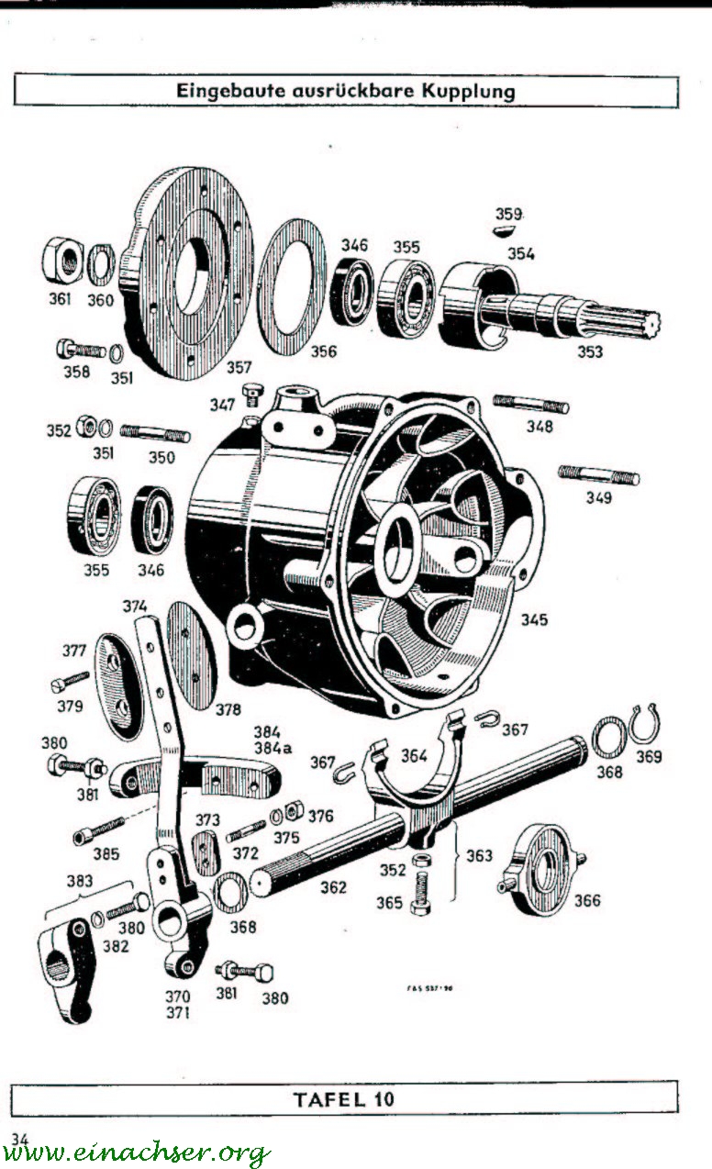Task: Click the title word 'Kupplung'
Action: tap(468, 91)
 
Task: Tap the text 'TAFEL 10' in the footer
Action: tap(344, 1098)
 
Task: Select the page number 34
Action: tap(19, 1139)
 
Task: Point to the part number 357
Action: tap(239, 367)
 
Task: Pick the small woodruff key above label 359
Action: tap(506, 230)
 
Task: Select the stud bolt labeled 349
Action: tap(598, 475)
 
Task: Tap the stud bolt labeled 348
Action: tap(531, 404)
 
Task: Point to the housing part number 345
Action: tap(534, 620)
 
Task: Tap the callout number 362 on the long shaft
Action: tap(333, 887)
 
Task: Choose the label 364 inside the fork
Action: tap(414, 756)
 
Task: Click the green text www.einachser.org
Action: tap(138, 1153)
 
